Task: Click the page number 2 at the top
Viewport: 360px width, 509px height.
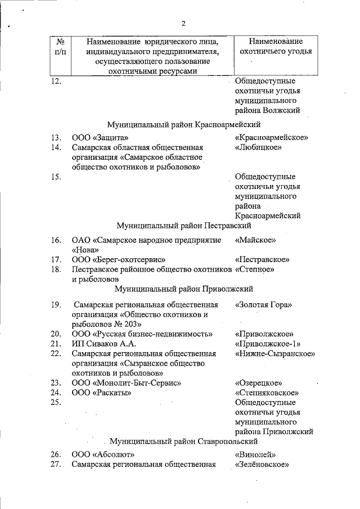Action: tap(183, 24)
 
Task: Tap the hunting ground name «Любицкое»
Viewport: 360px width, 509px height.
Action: tap(258, 148)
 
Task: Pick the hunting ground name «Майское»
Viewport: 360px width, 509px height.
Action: tap(255, 240)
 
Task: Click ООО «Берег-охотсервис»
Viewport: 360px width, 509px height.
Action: tap(118, 260)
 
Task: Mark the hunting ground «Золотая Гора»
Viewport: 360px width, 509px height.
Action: tap(264, 304)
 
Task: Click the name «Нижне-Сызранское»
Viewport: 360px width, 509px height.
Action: tap(274, 354)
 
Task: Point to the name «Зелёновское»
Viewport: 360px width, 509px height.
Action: tap(262, 465)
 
